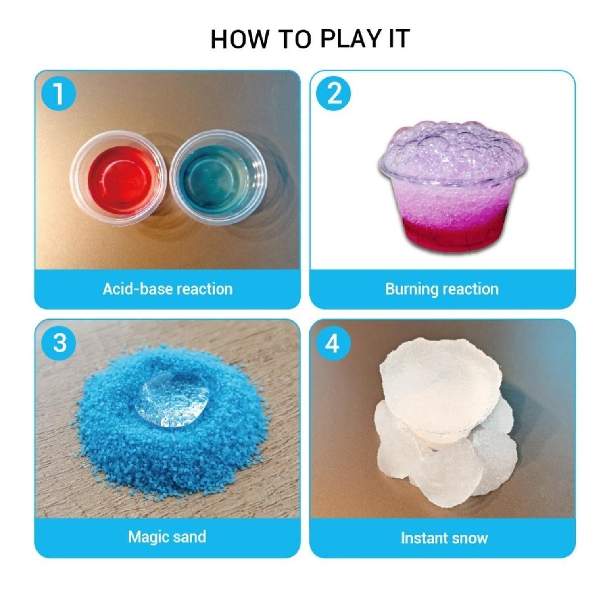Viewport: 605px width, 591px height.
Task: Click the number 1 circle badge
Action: [x=58, y=94]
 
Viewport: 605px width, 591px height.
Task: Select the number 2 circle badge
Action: [x=334, y=94]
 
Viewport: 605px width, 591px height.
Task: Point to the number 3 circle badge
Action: [x=59, y=343]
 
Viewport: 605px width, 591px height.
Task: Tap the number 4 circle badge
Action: [x=333, y=343]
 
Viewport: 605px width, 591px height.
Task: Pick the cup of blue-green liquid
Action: [x=218, y=177]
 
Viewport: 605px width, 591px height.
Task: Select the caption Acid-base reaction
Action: [x=167, y=289]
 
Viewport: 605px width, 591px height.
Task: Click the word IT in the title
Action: [x=399, y=39]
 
